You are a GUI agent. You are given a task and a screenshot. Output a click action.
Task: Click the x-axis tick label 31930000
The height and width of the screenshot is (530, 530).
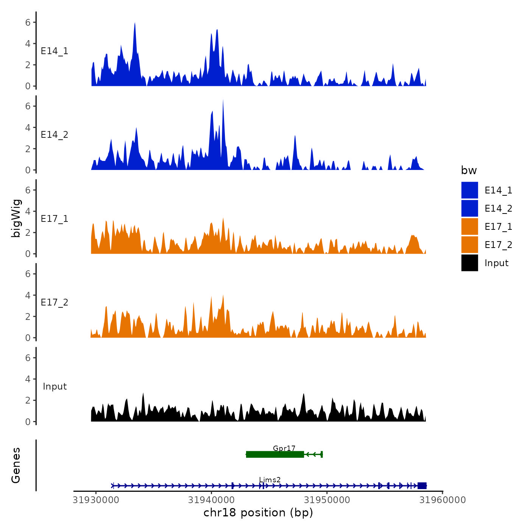point(96,500)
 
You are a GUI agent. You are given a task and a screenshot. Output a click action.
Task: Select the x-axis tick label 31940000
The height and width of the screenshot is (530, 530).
point(212,500)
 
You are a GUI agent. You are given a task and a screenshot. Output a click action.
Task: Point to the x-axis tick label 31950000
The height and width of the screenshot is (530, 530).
point(327,500)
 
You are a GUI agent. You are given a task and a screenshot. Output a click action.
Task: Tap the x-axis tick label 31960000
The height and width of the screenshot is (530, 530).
point(443,500)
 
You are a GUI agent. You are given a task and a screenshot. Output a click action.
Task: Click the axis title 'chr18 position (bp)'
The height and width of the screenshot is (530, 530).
point(258,513)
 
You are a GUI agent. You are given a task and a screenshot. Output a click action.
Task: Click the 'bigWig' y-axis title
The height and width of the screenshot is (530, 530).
point(16,218)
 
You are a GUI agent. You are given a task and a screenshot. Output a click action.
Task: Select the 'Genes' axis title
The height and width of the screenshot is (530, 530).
point(16,465)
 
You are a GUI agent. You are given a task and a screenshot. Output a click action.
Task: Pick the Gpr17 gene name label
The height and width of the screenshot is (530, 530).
point(284,448)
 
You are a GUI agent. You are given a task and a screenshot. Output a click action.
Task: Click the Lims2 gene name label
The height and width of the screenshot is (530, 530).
point(270,480)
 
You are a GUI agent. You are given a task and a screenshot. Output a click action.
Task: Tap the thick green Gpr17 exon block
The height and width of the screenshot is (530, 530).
point(275,454)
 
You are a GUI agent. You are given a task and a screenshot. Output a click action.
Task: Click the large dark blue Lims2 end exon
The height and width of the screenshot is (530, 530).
point(422,486)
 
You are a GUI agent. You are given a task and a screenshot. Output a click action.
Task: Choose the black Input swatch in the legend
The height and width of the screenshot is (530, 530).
point(469,263)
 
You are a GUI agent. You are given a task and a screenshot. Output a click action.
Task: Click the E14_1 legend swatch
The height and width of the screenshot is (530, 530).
point(469,190)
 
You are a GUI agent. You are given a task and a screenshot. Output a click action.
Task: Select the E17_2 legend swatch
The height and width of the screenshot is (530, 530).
point(469,245)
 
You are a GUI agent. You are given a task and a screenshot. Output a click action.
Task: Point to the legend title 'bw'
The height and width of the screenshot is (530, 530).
point(469,170)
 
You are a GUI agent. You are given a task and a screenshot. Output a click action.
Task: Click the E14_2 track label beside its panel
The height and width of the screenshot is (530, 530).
point(55,135)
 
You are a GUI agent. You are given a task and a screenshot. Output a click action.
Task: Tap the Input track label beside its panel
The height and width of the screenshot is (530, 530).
point(55,387)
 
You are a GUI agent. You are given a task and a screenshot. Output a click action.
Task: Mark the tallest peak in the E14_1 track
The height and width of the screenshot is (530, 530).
point(135,23)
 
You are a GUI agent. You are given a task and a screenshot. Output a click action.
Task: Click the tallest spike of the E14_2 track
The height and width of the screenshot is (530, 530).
point(223,101)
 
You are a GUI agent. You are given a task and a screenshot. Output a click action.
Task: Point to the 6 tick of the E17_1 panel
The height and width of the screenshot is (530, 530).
point(28,190)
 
